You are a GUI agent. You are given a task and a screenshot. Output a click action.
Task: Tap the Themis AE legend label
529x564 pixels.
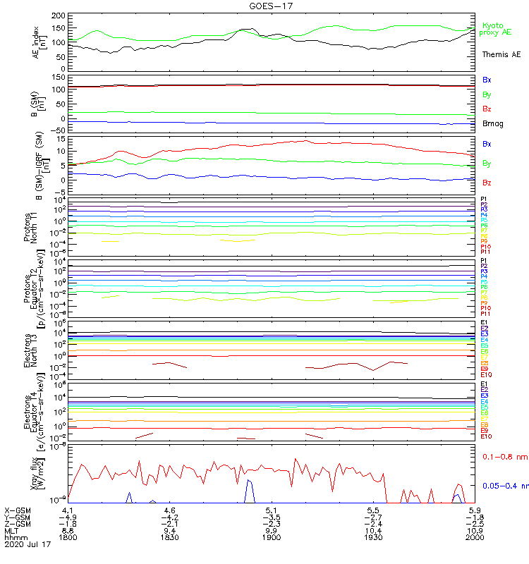pyautogui.click(x=500, y=54)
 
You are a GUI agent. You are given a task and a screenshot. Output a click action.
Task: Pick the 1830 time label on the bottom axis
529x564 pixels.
pyautogui.click(x=170, y=537)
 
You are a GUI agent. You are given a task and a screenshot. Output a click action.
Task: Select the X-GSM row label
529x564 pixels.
pyautogui.click(x=18, y=509)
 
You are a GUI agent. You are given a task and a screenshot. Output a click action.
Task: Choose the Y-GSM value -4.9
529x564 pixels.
pyautogui.click(x=68, y=516)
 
